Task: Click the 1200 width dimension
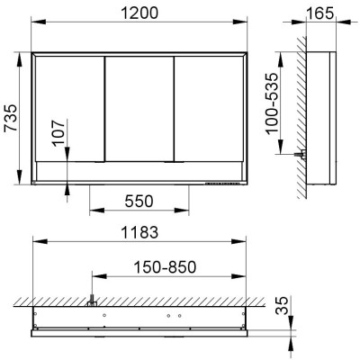[139, 13]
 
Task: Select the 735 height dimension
[12, 118]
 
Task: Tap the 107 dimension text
[58, 133]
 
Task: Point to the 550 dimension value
[139, 202]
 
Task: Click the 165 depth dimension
[320, 13]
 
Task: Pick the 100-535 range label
[273, 103]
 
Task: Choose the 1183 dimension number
[139, 232]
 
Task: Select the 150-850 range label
[165, 267]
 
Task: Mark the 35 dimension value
[282, 305]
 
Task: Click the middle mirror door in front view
[139, 109]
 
